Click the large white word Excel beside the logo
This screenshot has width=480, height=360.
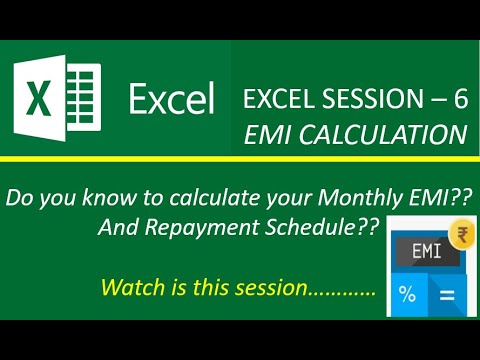(x=171, y=100)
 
